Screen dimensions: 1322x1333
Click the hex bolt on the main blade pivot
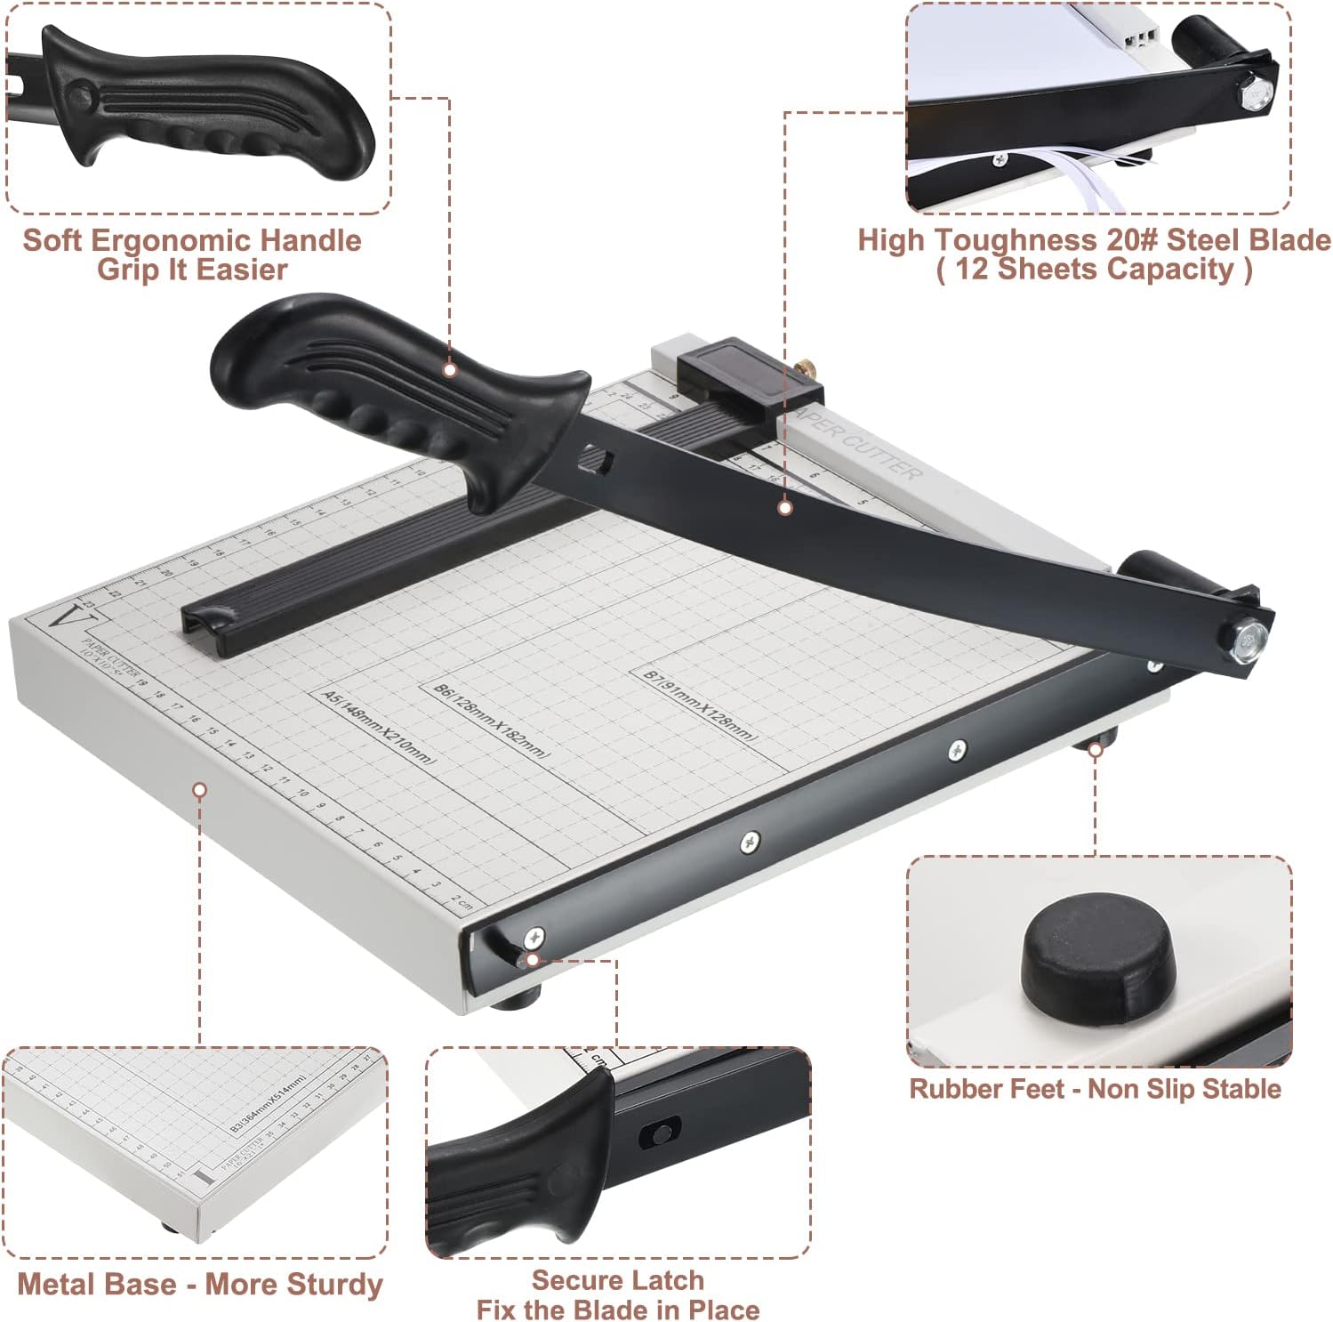1250,637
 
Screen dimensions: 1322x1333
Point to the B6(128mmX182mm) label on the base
491,720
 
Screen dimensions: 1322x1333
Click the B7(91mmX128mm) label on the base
700,705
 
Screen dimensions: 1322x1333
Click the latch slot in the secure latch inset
660,1134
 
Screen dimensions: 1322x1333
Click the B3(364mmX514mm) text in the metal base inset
268,1103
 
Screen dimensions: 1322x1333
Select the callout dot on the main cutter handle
450,369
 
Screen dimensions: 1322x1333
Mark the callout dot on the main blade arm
784,508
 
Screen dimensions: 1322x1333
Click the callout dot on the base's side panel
200,789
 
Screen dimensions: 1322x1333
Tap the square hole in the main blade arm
598,459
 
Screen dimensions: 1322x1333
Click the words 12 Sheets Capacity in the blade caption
1094,270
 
